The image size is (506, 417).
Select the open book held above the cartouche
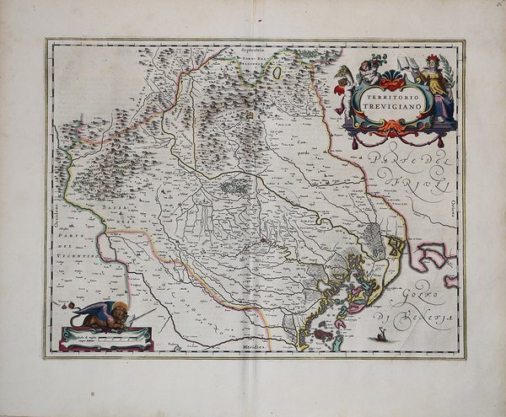click(410, 62)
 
